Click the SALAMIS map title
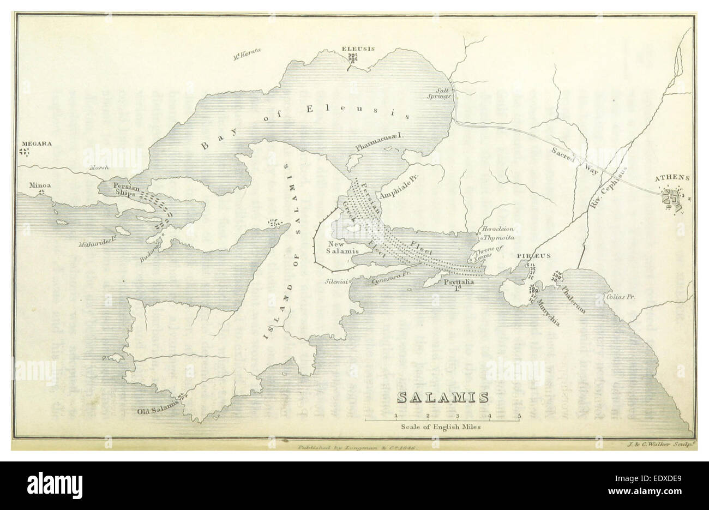(442, 397)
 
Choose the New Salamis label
(342, 247)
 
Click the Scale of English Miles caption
(440, 428)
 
